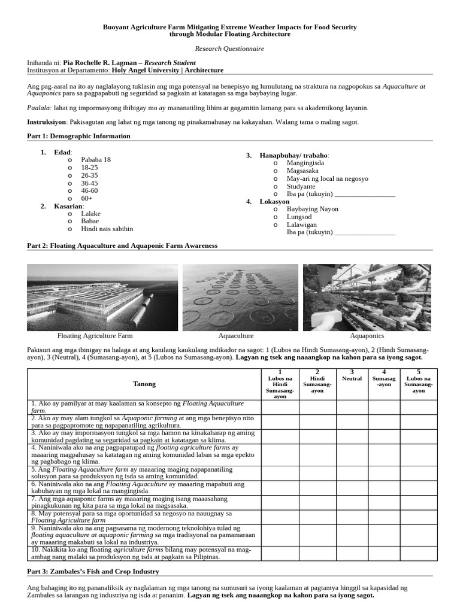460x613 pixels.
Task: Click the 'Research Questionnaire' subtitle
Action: click(x=229, y=48)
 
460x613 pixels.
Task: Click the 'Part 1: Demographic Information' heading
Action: click(x=78, y=136)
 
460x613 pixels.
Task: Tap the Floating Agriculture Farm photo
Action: click(x=102, y=297)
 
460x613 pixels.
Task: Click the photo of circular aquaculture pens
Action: click(x=240, y=297)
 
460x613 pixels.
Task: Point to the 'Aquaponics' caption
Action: click(x=367, y=336)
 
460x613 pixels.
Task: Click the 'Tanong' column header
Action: click(x=144, y=384)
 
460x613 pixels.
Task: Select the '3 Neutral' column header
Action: click(x=352, y=376)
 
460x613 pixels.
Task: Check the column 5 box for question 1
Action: click(x=418, y=407)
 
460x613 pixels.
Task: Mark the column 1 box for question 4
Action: click(x=280, y=455)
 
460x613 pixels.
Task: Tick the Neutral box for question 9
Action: click(x=352, y=535)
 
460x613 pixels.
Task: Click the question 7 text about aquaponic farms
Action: click(x=138, y=502)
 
